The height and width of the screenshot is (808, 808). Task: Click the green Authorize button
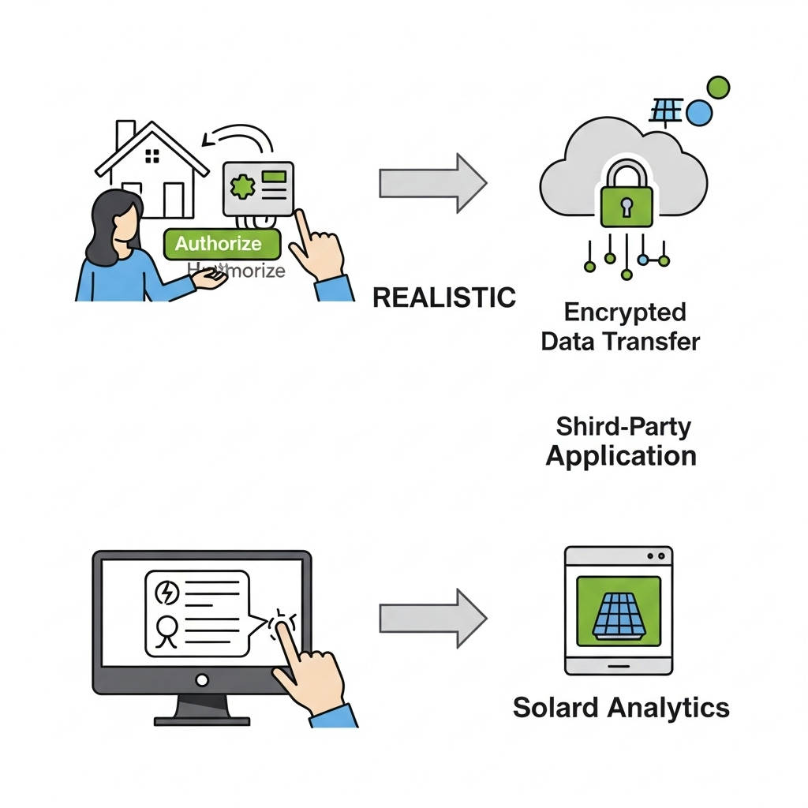point(221,244)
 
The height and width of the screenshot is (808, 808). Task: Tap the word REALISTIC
point(443,297)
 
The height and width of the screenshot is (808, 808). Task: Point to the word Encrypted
point(625,312)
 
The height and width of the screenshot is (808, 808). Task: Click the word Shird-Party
point(623,427)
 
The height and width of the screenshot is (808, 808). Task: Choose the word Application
point(621,456)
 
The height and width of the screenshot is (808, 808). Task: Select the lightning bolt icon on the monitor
point(169,592)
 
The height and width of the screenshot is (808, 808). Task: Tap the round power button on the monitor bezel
point(202,679)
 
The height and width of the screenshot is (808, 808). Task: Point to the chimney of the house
point(125,135)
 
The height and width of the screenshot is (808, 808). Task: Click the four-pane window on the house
point(152,155)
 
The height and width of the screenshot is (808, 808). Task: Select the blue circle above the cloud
point(699,114)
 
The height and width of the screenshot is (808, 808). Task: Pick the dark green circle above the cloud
point(718,87)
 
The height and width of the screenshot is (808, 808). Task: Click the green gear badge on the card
point(242,188)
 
